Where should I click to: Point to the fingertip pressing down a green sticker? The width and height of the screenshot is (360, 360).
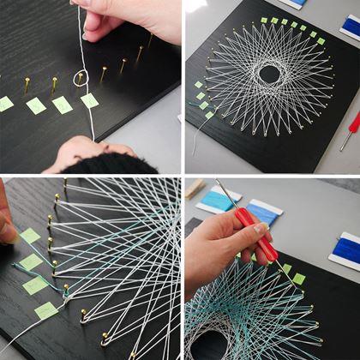pos(6,230)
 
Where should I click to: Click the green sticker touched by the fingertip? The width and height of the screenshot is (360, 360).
pos(29,235)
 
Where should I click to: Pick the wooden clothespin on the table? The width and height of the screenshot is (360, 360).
pos(195,188)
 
